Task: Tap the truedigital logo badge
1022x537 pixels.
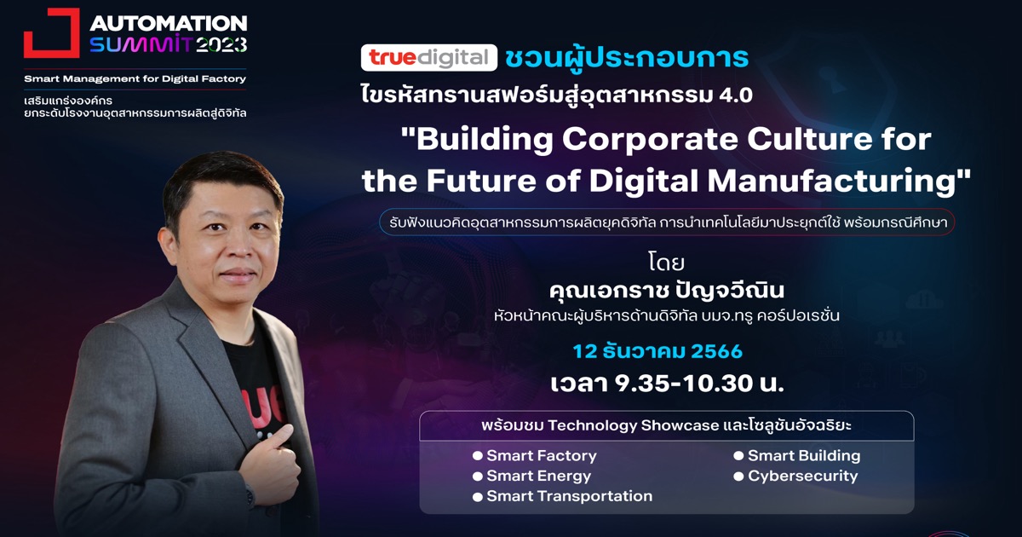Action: click(x=429, y=58)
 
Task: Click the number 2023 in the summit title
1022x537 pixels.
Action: click(x=221, y=44)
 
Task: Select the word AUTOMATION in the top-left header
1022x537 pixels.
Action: click(x=169, y=23)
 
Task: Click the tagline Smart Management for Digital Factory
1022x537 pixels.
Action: click(x=135, y=78)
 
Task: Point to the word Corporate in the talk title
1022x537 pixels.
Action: click(x=650, y=139)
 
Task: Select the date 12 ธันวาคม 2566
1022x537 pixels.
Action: click(x=657, y=351)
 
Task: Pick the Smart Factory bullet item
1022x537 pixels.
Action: click(x=535, y=455)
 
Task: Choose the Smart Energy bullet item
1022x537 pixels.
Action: click(x=532, y=476)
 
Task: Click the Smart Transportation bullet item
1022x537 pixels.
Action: click(x=563, y=496)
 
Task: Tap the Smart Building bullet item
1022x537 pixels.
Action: click(x=797, y=455)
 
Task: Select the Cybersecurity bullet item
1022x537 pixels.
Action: click(x=795, y=476)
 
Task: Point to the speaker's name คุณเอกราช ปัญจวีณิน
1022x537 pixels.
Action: click(x=667, y=291)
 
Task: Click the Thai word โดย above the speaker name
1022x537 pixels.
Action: click(x=666, y=262)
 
